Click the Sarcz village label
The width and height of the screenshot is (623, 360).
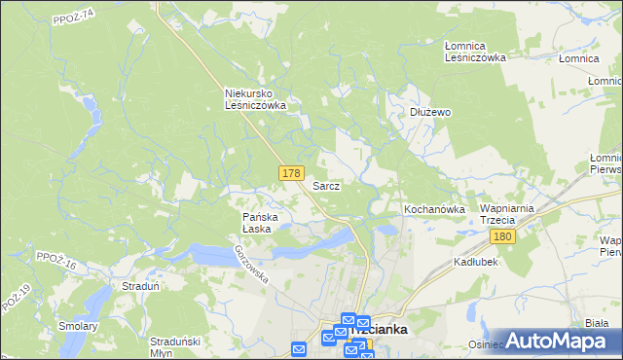(x=325, y=185)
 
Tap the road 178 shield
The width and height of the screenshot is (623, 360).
(x=289, y=172)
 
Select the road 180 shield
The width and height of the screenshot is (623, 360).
(x=502, y=237)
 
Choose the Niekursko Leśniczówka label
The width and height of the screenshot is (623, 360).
(x=255, y=99)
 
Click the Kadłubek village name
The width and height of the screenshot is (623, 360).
(x=477, y=263)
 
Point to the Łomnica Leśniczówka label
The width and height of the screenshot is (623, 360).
(x=475, y=52)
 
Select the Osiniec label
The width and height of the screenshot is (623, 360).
(x=486, y=343)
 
